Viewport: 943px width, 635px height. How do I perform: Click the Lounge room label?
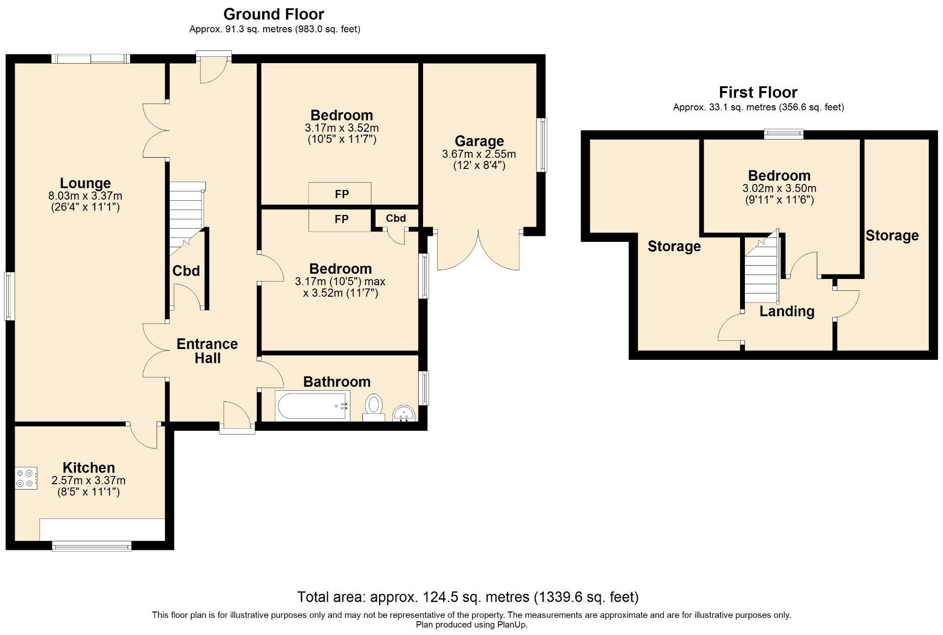(85, 183)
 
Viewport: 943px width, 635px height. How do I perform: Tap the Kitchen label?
(89, 468)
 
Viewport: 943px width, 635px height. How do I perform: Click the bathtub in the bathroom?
(312, 406)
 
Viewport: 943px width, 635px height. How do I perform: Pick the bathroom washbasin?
(404, 413)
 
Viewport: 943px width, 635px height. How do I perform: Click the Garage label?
(479, 141)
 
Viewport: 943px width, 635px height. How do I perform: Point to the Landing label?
(786, 311)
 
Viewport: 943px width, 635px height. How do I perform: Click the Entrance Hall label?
(207, 351)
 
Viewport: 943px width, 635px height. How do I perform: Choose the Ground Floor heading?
(274, 14)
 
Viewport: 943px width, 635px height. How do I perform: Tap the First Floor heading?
(758, 92)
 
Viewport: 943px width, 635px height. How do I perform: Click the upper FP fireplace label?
(342, 194)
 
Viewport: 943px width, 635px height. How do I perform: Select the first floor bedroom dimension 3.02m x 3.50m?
(779, 188)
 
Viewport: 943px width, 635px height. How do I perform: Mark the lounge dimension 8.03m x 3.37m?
(85, 196)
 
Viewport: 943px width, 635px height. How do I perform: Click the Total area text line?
(468, 597)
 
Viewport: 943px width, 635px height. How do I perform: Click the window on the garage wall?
(542, 145)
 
